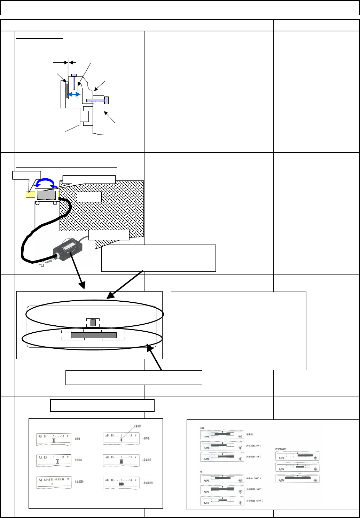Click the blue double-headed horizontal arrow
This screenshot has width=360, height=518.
pyautogui.click(x=73, y=94)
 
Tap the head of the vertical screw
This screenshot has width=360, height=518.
pyautogui.click(x=73, y=75)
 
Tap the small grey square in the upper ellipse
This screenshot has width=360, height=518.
pyautogui.click(x=93, y=323)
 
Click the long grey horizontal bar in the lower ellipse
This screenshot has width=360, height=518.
pyautogui.click(x=93, y=335)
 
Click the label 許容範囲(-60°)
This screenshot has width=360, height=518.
pyautogui.click(x=254, y=446)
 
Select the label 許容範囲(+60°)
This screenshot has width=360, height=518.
pyautogui.click(x=254, y=457)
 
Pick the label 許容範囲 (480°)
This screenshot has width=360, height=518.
pyautogui.click(x=255, y=489)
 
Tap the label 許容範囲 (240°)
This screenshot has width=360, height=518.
pyautogui.click(x=255, y=501)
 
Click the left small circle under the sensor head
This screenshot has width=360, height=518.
pyautogui.click(x=37, y=203)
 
